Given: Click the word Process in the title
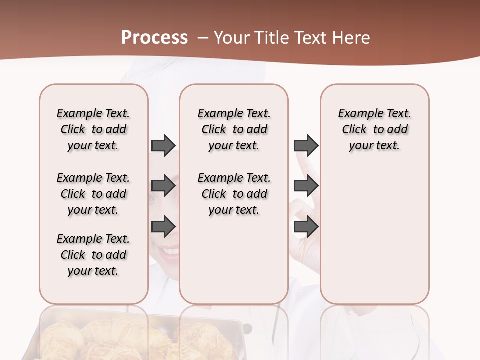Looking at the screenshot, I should [154, 38].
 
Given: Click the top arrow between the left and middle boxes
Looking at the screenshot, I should [163, 145].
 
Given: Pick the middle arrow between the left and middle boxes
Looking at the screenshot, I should [163, 186].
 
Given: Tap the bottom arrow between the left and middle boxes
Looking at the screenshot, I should [163, 227].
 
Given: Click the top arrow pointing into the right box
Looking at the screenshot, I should [306, 145].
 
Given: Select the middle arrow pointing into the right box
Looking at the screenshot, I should [306, 186].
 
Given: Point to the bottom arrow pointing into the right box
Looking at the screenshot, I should [306, 227].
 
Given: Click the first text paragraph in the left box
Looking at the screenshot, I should [93, 129].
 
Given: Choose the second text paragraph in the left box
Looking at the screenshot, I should [93, 194].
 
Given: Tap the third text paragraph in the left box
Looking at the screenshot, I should [93, 255].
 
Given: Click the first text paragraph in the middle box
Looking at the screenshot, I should [234, 129].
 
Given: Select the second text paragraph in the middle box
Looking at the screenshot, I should [234, 194].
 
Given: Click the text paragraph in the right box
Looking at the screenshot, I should [374, 129].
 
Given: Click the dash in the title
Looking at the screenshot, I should [203, 38].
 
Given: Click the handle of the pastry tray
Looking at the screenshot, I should [247, 328].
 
